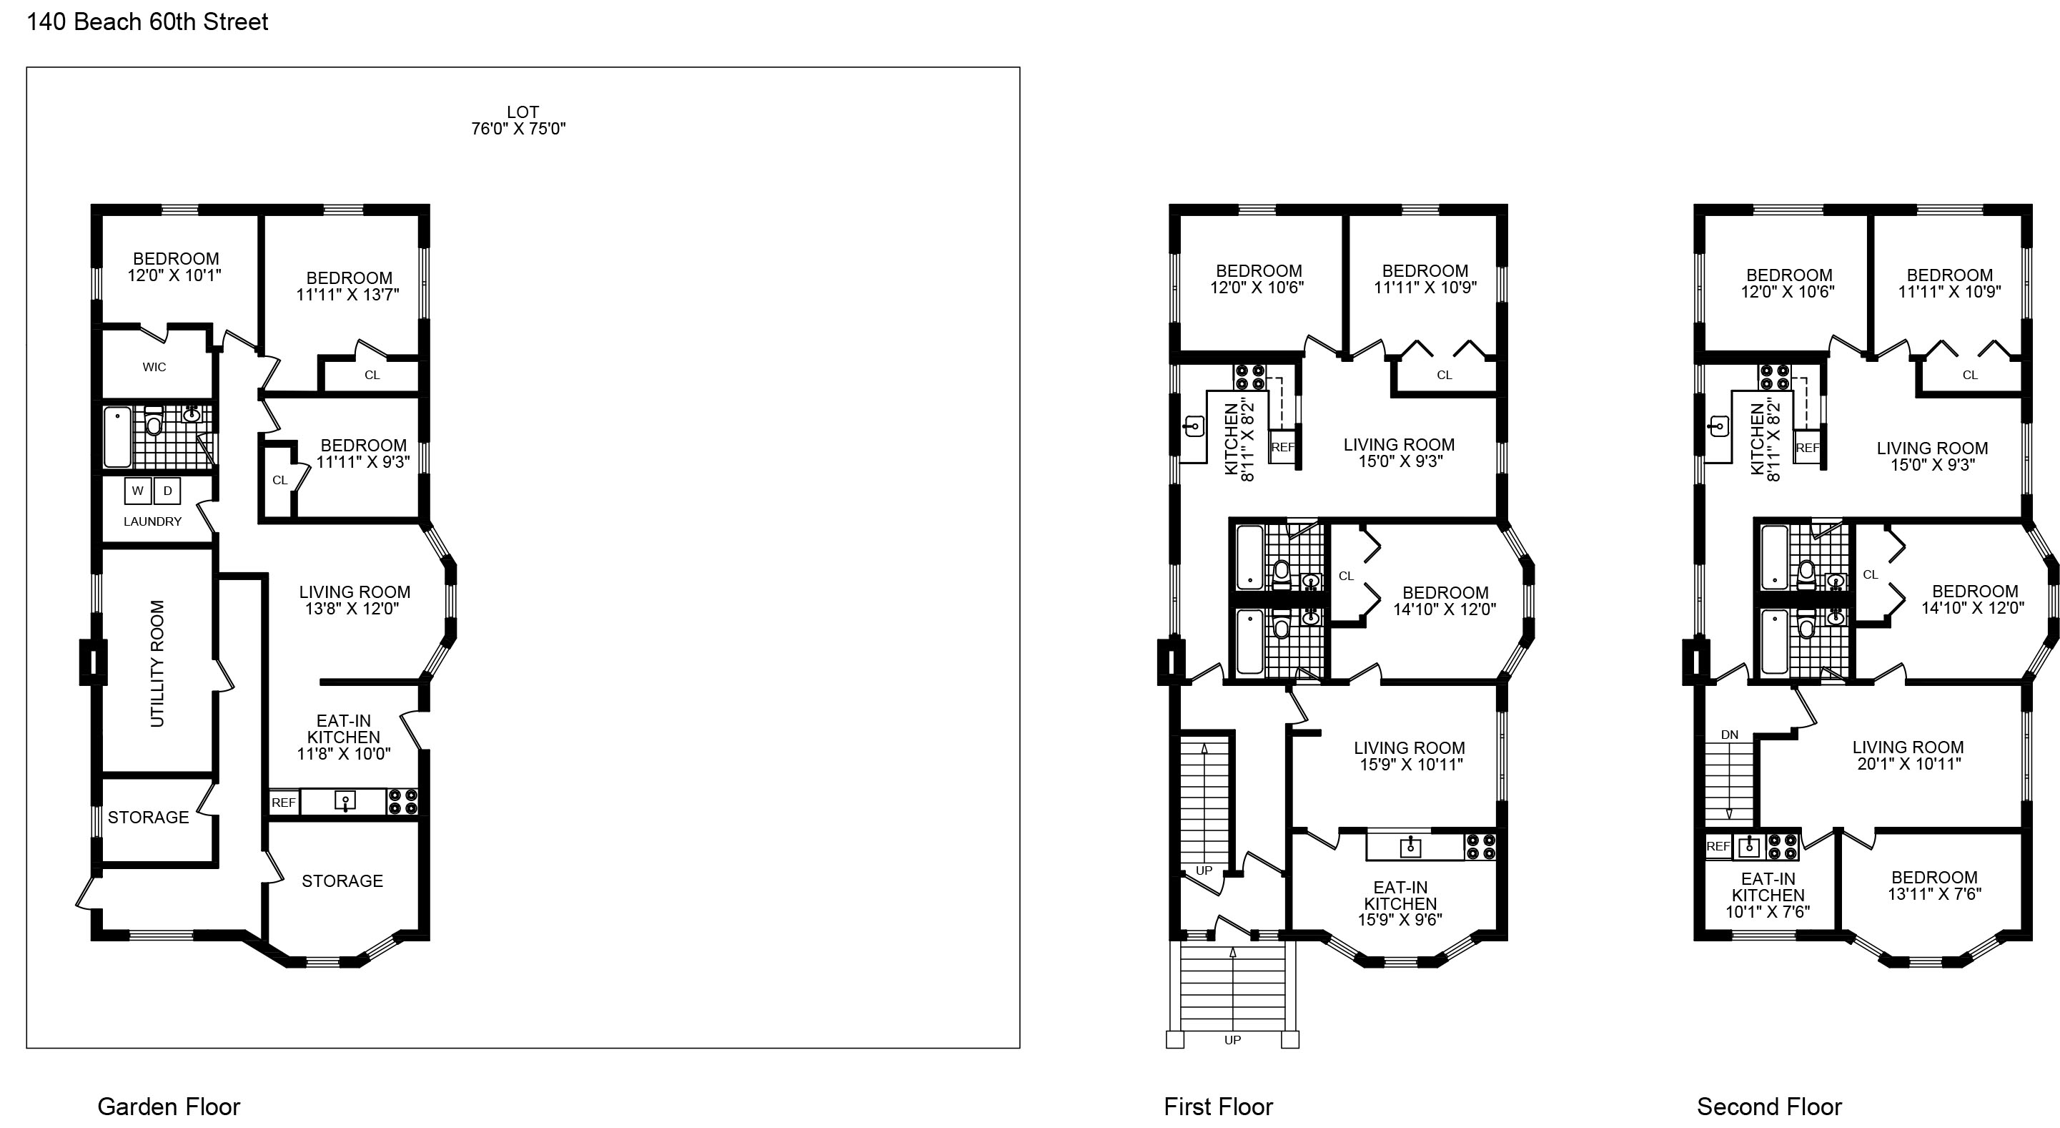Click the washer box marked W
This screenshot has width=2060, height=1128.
pos(137,491)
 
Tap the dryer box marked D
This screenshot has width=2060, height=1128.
pos(167,491)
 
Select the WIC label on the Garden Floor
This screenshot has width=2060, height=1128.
pos(154,367)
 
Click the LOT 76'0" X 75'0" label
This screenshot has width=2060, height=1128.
pos(519,121)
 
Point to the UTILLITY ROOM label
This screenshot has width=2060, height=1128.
pos(157,663)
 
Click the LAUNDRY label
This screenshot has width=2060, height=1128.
pos(153,521)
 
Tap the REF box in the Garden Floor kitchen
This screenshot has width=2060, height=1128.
pos(284,803)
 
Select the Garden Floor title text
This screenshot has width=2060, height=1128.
pos(169,1107)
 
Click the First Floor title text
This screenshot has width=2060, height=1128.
pos(1218,1107)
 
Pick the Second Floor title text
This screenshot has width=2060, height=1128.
pos(1770,1107)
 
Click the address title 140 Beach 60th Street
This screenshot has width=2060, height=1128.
pos(148,21)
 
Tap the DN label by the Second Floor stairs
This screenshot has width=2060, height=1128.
pos(1730,735)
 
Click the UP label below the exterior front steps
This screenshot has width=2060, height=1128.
pos(1232,1040)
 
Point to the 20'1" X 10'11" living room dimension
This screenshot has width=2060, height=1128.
pos(1909,764)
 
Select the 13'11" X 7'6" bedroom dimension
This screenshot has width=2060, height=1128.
pos(1934,894)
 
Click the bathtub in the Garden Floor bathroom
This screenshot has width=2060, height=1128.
pos(117,437)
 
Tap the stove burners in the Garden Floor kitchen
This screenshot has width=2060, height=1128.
pos(402,802)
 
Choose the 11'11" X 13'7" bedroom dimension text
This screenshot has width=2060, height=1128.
pos(348,295)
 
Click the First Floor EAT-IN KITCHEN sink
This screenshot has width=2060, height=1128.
pos(1411,846)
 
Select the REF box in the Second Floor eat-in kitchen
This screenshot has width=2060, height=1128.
pos(1718,846)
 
